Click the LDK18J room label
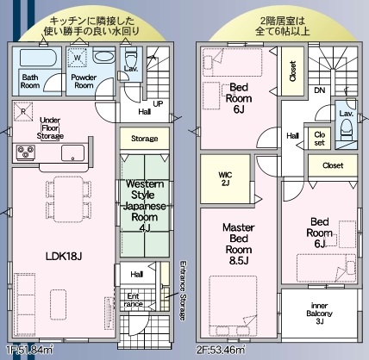[64, 256]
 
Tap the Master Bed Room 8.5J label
[239, 244]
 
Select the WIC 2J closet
[225, 178]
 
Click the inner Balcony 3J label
[319, 313]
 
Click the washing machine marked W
[77, 58]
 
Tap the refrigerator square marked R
[23, 111]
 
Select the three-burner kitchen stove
[26, 152]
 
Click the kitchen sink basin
[72, 153]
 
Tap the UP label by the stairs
[158, 104]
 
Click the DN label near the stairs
[320, 90]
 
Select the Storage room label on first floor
[144, 139]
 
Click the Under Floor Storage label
[50, 128]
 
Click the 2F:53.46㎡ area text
[221, 350]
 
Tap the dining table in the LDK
[69, 200]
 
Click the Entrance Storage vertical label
[183, 290]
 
